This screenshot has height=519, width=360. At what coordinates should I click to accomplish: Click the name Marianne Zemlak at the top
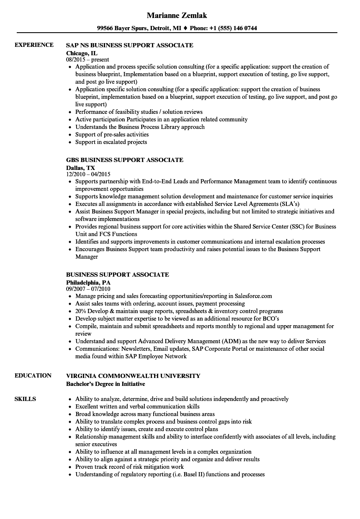[177, 15]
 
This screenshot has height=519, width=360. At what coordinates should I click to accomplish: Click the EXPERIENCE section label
[34, 45]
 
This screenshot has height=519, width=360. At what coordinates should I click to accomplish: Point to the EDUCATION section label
[33, 375]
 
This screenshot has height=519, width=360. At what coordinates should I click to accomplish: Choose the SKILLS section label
[25, 399]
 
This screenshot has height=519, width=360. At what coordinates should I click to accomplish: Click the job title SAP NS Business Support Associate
[130, 45]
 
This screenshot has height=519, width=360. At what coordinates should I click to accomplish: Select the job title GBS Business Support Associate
[125, 160]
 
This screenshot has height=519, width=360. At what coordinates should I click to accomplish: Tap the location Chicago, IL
[82, 53]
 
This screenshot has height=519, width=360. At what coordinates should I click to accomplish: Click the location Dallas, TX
[80, 168]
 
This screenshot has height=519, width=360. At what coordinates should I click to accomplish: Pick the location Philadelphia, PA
[88, 283]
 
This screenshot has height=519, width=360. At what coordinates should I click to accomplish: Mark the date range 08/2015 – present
[87, 60]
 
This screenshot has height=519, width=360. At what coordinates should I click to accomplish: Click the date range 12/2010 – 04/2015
[88, 175]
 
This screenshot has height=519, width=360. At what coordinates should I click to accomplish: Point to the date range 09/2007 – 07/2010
[88, 289]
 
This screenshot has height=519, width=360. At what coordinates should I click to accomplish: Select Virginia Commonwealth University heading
[133, 376]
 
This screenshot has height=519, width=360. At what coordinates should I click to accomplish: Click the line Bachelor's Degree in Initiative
[105, 384]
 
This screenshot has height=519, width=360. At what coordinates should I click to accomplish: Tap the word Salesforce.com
[253, 296]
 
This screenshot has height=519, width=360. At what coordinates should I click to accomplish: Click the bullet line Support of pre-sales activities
[112, 134]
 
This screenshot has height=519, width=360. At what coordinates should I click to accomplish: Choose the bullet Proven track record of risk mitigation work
[129, 467]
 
